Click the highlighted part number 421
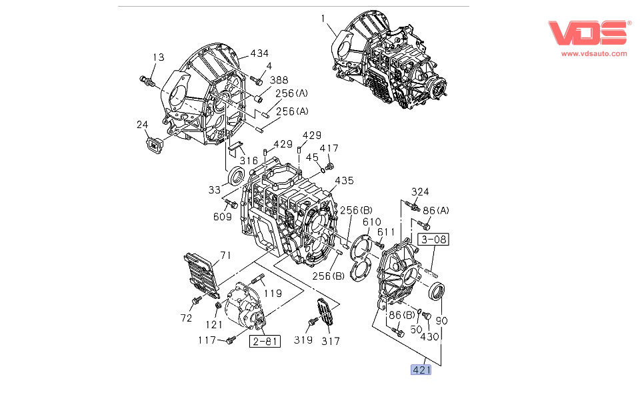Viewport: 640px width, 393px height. point(421,369)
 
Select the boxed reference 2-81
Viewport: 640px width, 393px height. point(265,342)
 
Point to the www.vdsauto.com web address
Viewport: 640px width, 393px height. point(594,53)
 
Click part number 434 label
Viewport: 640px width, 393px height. point(259,53)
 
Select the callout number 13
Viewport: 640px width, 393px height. point(157,57)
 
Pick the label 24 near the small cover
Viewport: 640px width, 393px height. point(143,124)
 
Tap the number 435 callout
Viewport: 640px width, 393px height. point(344,181)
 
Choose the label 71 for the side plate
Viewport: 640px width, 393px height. point(225,255)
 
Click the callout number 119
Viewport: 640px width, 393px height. point(271,292)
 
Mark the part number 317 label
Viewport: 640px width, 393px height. point(330,341)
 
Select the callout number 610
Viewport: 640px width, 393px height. point(371,222)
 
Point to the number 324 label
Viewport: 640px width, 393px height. point(420,192)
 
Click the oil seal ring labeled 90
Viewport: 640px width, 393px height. point(438,292)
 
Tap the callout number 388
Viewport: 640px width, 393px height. point(279,80)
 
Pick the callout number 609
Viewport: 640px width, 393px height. point(223,216)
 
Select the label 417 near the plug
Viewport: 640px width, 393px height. point(329,148)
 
